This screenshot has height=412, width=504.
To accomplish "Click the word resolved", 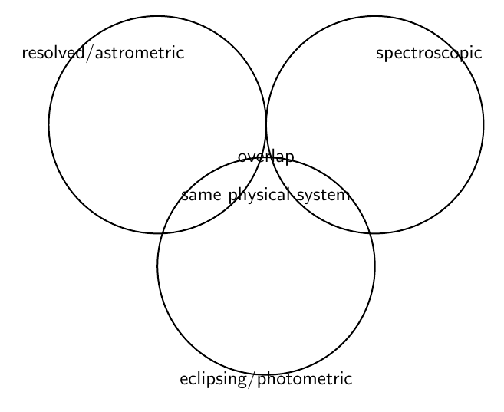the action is tap(54, 53).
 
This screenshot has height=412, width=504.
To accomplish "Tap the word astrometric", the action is tap(140, 53).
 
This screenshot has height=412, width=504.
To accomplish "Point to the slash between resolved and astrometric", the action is tap(91, 53).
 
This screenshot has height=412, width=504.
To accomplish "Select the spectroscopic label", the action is tap(429, 54).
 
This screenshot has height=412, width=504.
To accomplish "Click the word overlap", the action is tap(266, 157).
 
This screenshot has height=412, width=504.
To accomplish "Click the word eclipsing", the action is tap(213, 379).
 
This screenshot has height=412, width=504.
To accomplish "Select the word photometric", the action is tap(305, 378).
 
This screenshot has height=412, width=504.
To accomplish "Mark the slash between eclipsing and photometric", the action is tap(252, 379).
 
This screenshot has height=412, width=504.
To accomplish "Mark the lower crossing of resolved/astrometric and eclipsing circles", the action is tap(162, 232).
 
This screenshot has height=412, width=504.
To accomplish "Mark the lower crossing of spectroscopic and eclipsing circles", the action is tap(371, 232).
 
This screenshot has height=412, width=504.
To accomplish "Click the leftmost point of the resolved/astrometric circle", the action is tap(49, 124).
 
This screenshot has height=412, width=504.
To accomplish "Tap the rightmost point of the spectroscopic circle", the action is tap(484, 124).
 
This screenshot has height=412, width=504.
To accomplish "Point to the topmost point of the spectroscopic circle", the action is tap(375, 16).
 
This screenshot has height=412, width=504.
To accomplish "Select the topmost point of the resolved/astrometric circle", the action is tap(157, 16).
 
